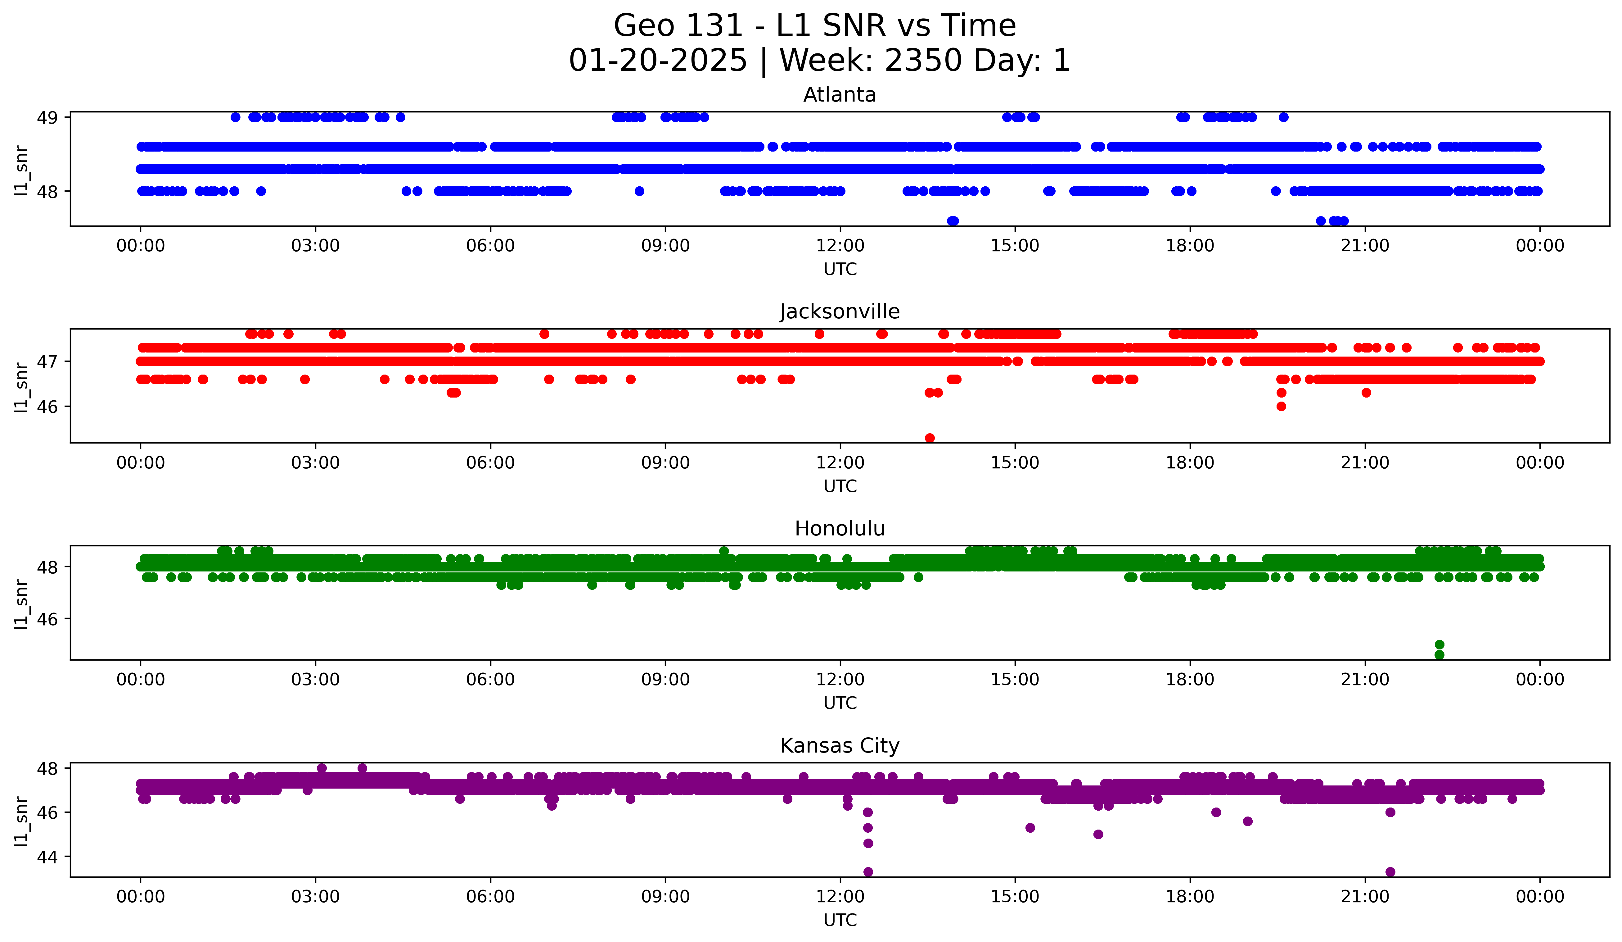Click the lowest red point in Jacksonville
930,438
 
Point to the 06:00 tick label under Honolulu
490,679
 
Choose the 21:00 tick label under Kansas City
1364,896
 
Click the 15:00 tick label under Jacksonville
1015,462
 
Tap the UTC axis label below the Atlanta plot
840,269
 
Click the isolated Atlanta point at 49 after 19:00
1283,117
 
